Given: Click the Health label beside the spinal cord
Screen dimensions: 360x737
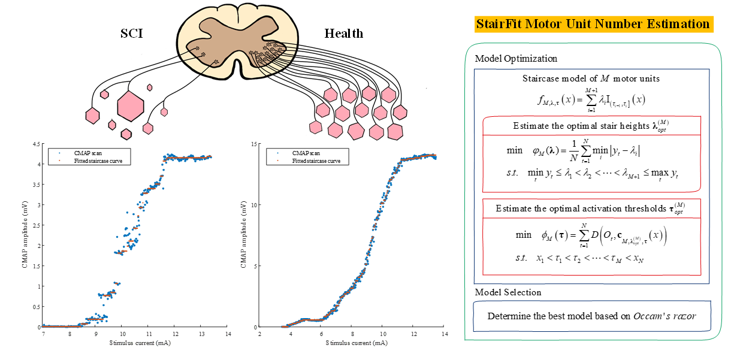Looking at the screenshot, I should pyautogui.click(x=344, y=33).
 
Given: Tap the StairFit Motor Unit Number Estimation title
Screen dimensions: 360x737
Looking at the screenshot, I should pyautogui.click(x=593, y=25).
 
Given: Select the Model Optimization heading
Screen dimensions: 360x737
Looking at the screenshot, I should pyautogui.click(x=516, y=59).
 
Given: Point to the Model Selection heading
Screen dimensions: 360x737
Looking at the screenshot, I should pyautogui.click(x=508, y=292).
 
